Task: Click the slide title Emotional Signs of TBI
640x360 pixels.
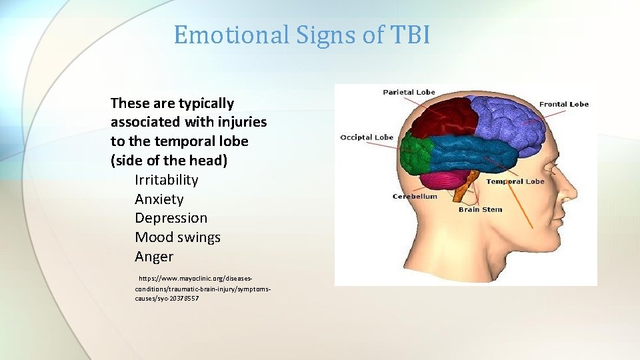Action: [x=301, y=35]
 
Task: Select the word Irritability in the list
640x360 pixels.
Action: [x=166, y=180]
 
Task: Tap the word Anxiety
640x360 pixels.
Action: [x=159, y=199]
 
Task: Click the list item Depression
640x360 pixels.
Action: [x=171, y=218]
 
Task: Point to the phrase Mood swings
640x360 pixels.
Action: [x=177, y=237]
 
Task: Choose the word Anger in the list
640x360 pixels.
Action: [x=153, y=257]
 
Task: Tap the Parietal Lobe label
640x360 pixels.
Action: [x=409, y=92]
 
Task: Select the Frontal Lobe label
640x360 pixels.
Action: [x=563, y=104]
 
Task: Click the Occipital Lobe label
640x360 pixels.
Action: [x=367, y=137]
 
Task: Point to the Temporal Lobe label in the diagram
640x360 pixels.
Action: [x=515, y=181]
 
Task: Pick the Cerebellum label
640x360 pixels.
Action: [x=415, y=197]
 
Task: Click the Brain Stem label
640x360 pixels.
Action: [x=480, y=209]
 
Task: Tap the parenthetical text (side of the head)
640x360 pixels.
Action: [x=169, y=161]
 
